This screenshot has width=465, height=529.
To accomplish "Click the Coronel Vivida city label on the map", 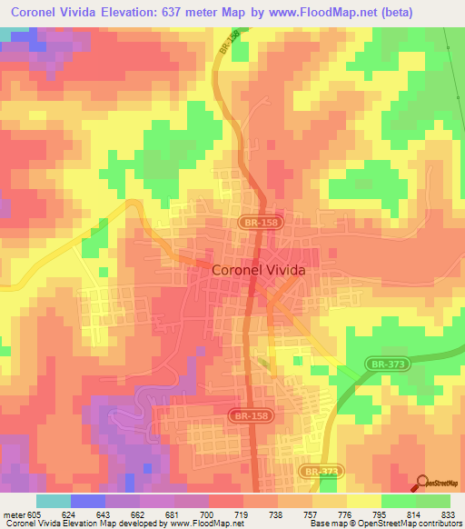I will [x=258, y=270].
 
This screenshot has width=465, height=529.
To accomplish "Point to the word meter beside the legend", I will [x=13, y=514].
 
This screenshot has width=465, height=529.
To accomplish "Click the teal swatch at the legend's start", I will [x=53, y=501].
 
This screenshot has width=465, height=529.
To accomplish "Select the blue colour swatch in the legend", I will [x=87, y=501].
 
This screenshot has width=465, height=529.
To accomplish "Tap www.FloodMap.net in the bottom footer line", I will [x=193, y=524].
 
